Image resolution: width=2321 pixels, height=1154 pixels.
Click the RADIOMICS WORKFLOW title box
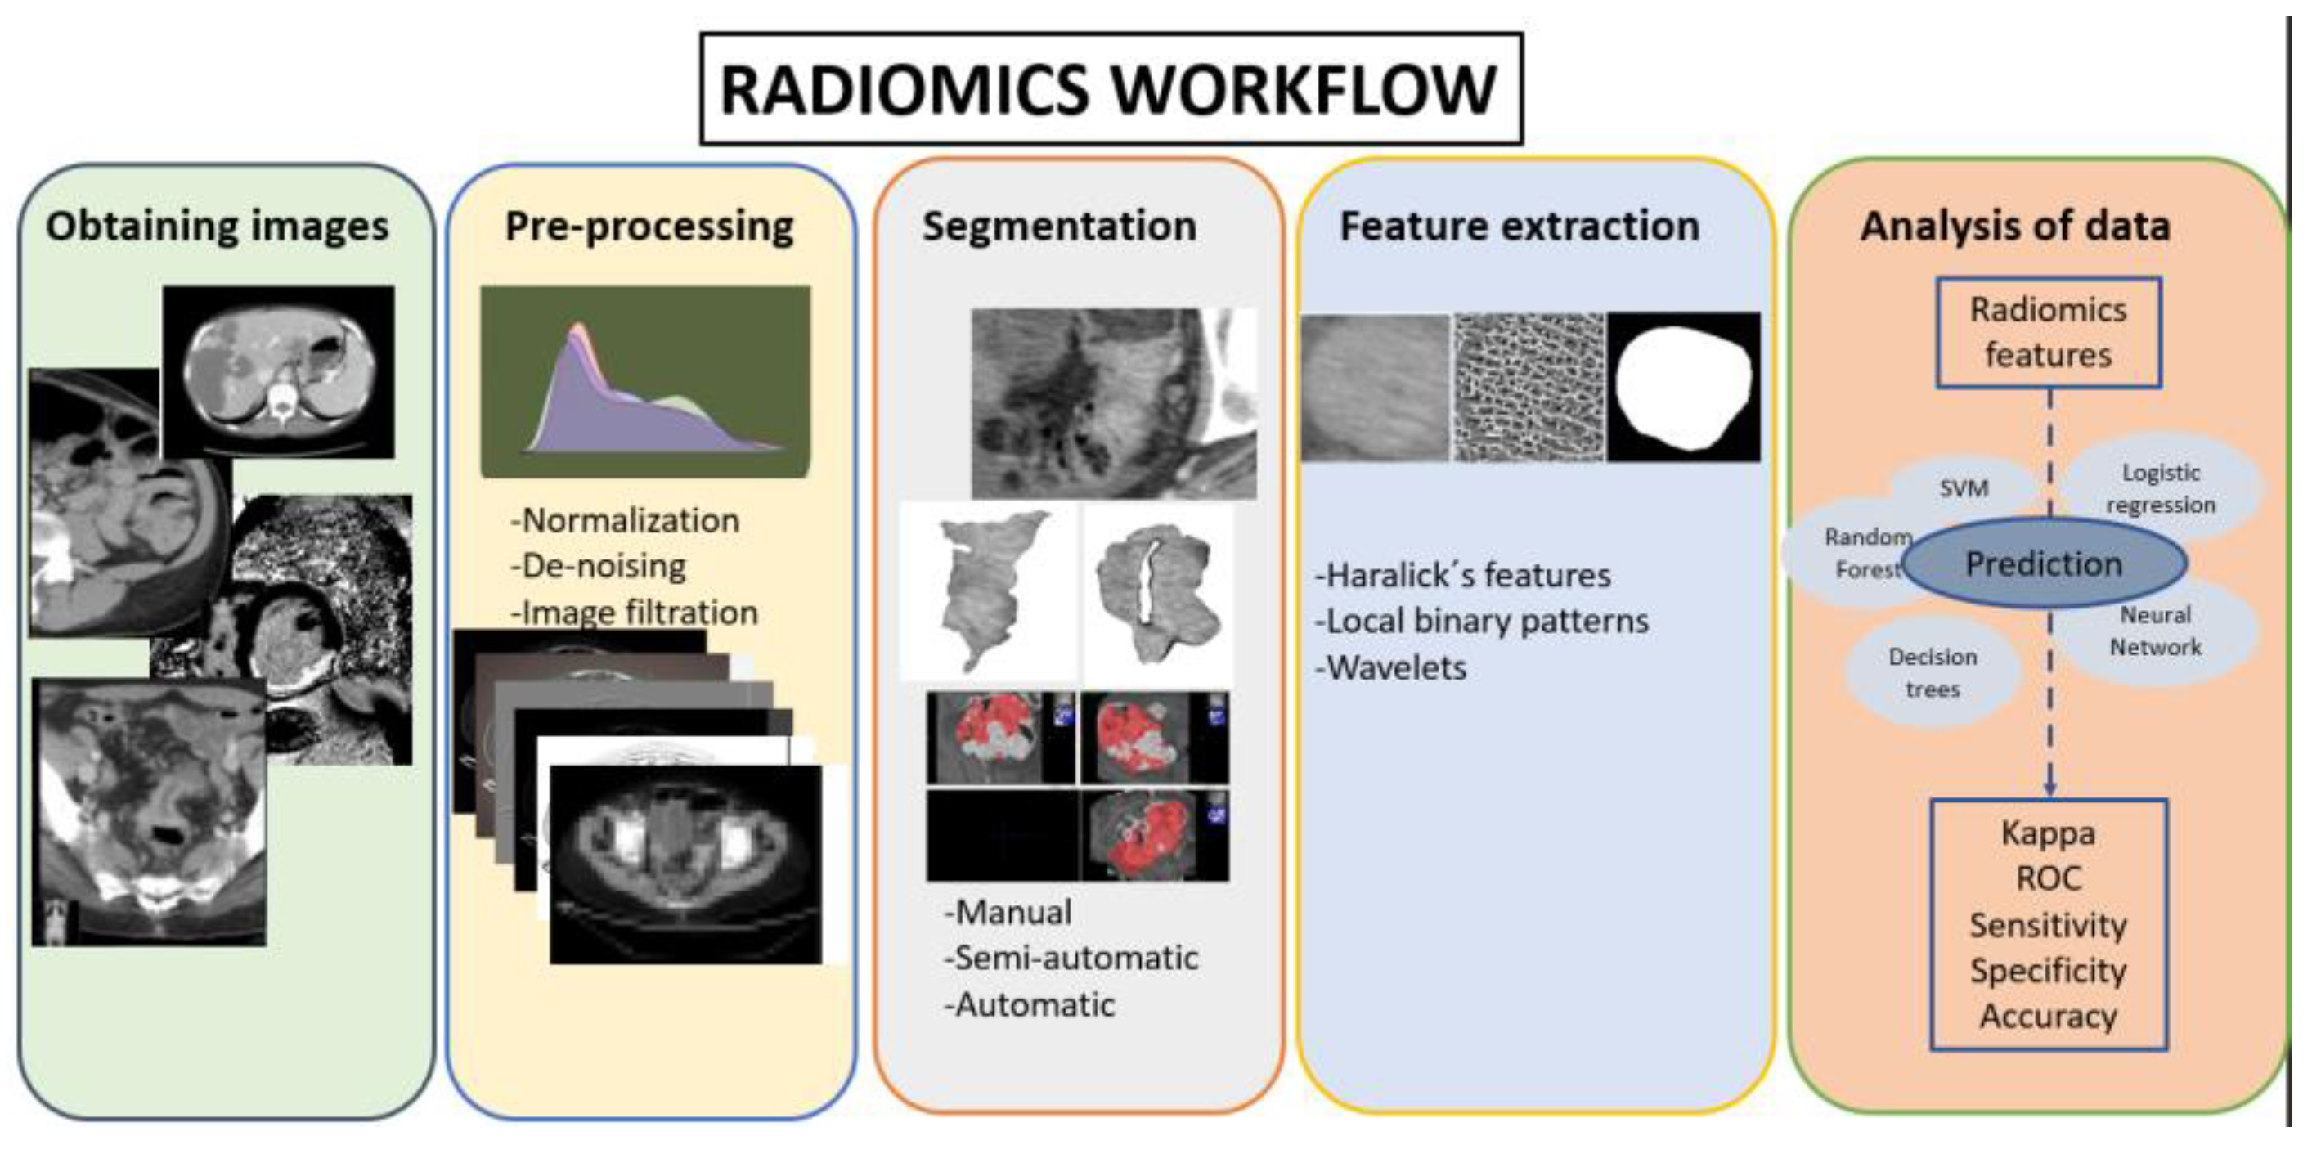(1110, 89)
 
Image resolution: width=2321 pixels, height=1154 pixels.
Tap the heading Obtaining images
(218, 226)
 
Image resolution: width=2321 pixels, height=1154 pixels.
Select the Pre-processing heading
(649, 226)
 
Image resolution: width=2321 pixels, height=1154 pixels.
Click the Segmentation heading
(1059, 226)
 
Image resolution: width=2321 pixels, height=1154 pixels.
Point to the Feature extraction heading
(1519, 226)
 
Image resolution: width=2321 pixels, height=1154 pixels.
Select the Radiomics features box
(2047, 332)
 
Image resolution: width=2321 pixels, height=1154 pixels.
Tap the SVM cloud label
(1964, 488)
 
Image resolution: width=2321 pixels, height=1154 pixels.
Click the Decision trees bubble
(1932, 672)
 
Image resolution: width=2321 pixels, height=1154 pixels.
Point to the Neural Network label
(2154, 631)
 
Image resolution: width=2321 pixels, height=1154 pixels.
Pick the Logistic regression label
(2160, 487)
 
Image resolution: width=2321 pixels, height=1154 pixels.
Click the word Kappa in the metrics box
(2047, 833)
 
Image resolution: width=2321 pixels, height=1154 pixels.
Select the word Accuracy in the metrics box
(2047, 1016)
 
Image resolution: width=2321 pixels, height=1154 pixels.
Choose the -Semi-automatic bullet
(1071, 958)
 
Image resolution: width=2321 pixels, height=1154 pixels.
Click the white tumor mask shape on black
(1683, 388)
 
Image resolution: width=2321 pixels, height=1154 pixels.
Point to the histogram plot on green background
(645, 382)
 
